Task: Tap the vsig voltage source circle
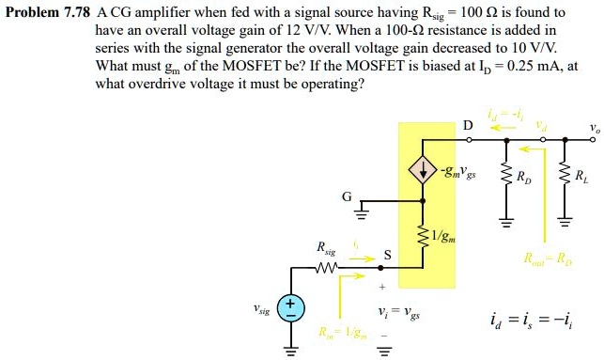coord(290,308)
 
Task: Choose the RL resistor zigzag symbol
coord(565,175)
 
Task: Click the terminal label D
coord(468,125)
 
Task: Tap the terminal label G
coord(347,197)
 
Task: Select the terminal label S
coord(386,255)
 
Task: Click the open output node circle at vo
coord(595,139)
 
